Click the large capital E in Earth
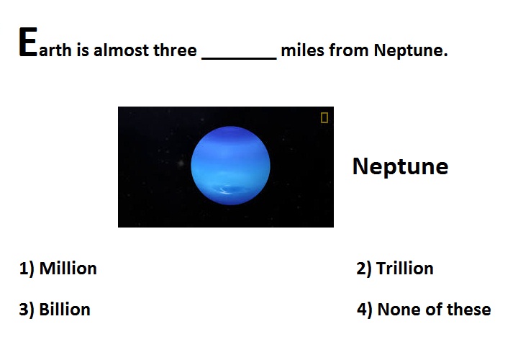(x=28, y=42)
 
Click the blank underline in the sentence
(x=239, y=59)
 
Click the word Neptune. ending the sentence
(x=411, y=51)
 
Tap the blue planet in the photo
(x=230, y=166)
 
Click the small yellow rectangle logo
(x=324, y=117)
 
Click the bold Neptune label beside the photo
(x=401, y=166)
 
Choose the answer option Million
(x=68, y=268)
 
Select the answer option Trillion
(x=404, y=268)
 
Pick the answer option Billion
(x=65, y=310)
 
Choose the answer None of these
(x=434, y=310)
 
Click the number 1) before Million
(x=27, y=269)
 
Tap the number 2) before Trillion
(x=364, y=269)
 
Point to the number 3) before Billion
(x=27, y=310)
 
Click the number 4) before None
(x=364, y=310)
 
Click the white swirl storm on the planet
(x=226, y=190)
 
